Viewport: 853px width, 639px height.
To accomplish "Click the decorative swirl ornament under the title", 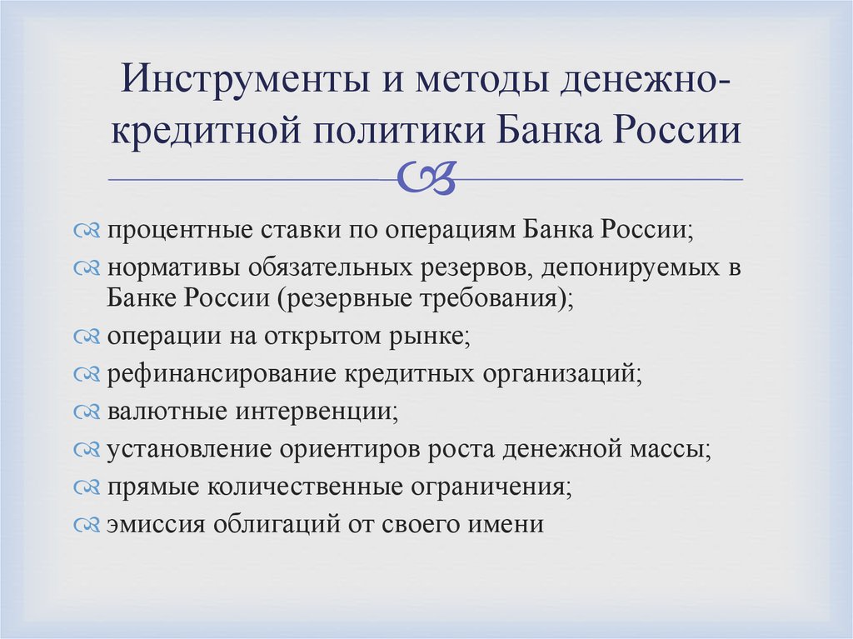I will pos(426,177).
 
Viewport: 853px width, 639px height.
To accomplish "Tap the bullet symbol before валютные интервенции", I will pos(87,412).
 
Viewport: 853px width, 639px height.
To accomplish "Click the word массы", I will pos(673,449).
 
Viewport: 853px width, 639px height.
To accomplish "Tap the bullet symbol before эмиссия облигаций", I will pos(87,526).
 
